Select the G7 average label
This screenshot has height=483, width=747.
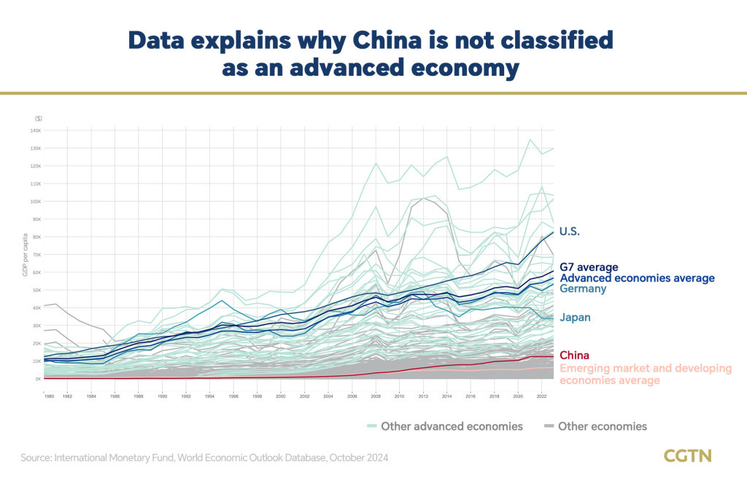(x=589, y=267)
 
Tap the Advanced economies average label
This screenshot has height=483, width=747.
(x=637, y=278)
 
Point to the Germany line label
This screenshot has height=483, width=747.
(x=583, y=288)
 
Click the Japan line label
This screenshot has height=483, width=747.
(x=575, y=317)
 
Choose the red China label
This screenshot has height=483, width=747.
(x=575, y=356)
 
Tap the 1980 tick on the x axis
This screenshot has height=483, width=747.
(x=49, y=396)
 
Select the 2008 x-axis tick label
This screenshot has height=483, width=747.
(x=376, y=396)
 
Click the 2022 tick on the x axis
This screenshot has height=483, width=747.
(x=538, y=396)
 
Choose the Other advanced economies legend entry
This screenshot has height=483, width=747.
(x=451, y=426)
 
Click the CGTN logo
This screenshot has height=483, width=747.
(x=687, y=456)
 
